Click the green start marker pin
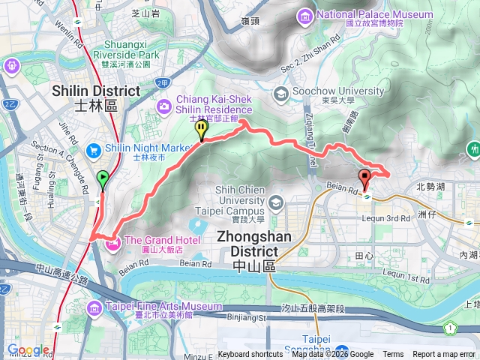point(103,179)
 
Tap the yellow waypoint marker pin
point(201,130)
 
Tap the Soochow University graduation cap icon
point(280,94)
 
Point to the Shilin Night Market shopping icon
point(93,149)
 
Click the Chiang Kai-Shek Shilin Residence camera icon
point(163,109)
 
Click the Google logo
point(28,349)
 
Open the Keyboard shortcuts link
point(250,355)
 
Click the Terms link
point(393,355)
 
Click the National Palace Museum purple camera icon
point(305,16)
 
